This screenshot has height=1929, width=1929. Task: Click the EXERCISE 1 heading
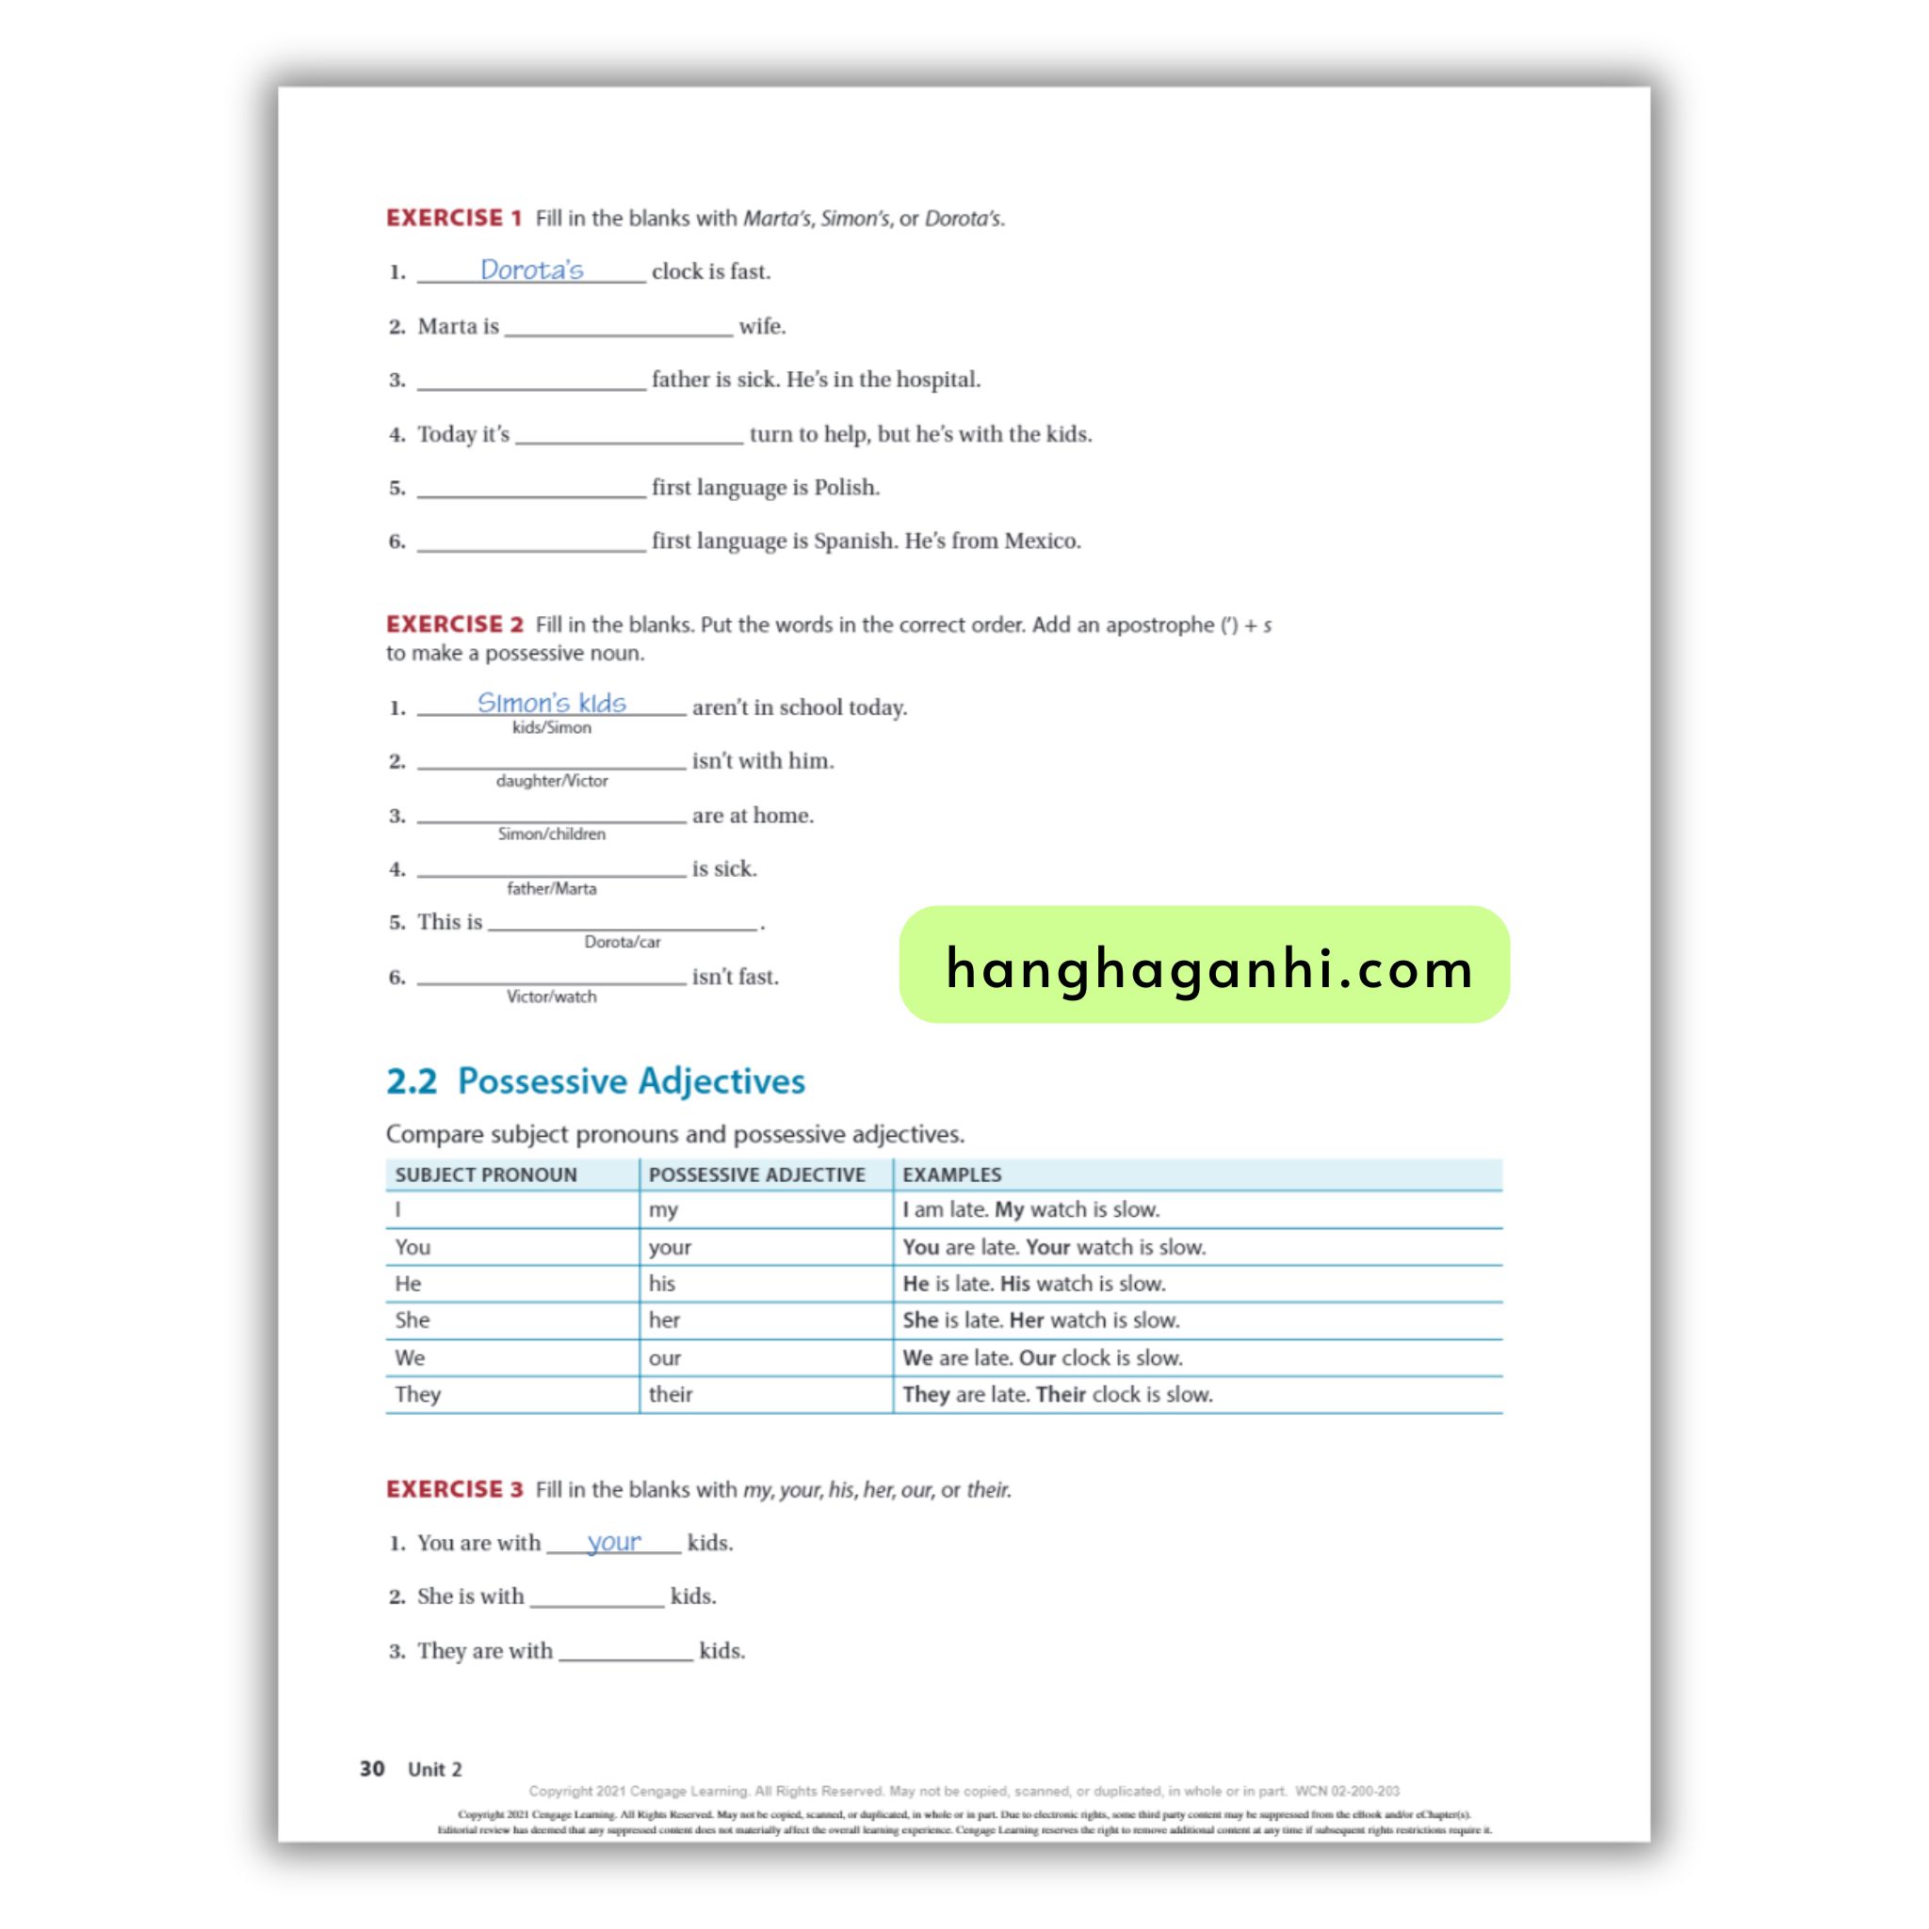coord(453,218)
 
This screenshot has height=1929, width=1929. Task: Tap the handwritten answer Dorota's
coord(531,269)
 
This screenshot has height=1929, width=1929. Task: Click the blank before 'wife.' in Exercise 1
coord(618,327)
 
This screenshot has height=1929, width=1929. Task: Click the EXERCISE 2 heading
coord(453,624)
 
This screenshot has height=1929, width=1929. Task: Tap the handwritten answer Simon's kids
coord(551,703)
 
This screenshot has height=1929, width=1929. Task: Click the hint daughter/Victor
coord(551,781)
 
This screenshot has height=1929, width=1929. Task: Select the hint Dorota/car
coord(622,942)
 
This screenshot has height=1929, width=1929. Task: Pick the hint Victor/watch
coord(551,997)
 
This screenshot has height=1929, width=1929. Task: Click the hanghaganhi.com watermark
coord(1204,966)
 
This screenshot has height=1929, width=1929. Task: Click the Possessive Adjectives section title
coord(630,1081)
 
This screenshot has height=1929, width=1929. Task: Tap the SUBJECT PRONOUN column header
coord(485,1175)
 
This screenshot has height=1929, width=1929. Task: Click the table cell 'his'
coord(662,1284)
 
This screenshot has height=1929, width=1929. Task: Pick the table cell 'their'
coord(670,1395)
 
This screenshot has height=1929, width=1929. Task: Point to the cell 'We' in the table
coord(410,1358)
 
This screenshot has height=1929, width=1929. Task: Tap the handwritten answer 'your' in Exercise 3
coord(613,1542)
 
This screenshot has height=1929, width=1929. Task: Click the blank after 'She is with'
coord(596,1597)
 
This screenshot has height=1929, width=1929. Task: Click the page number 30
coord(371,1769)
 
